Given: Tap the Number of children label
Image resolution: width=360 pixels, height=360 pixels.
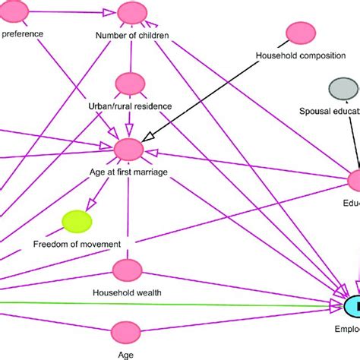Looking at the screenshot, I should click(x=132, y=35).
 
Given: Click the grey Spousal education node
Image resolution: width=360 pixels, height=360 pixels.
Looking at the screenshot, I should click(x=342, y=89).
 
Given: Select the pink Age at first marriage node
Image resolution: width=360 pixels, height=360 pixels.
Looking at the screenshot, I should click(x=129, y=150).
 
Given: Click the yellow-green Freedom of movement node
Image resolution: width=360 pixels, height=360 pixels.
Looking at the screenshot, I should click(x=77, y=221).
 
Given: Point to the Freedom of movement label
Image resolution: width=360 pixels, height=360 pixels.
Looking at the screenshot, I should click(x=77, y=244).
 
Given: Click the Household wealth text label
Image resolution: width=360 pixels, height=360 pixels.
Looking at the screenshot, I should click(x=126, y=292).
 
